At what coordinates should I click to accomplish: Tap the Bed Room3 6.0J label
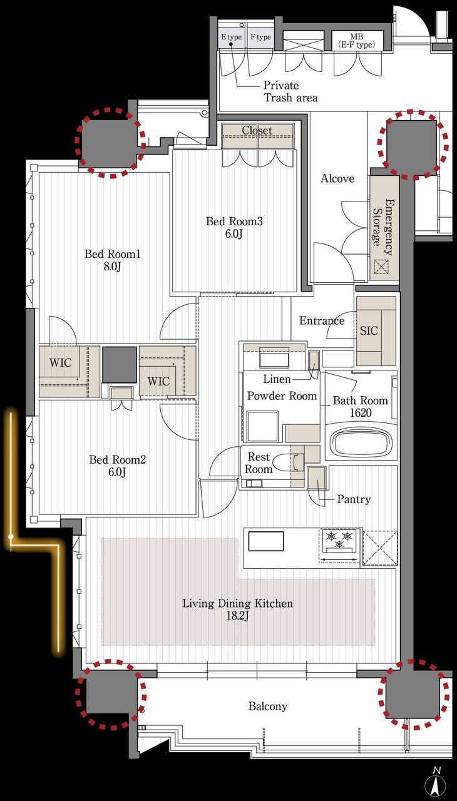coord(234,227)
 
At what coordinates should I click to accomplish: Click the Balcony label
coord(268,707)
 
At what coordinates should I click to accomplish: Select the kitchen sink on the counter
coord(266,541)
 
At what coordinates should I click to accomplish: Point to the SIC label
coord(369,330)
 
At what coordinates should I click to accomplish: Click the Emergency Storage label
coord(383,227)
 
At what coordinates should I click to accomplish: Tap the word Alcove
coord(337,178)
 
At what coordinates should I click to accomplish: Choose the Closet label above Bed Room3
coord(257,131)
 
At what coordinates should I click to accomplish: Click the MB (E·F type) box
coord(357,41)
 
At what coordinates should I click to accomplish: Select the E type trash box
coord(232,37)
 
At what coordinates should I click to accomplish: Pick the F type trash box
coord(260,37)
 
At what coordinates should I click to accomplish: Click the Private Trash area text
coord(290,91)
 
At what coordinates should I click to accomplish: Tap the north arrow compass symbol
coord(436,785)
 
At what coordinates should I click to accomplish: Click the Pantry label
coord(354,499)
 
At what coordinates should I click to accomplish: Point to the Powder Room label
coord(282,396)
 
